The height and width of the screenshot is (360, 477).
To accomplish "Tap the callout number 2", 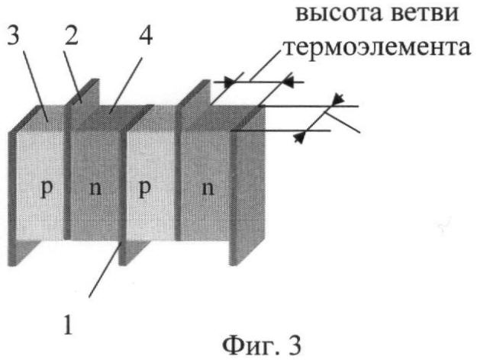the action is (x=72, y=34).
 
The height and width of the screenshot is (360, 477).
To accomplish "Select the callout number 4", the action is (x=146, y=34).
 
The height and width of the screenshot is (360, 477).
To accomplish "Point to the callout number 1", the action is (x=68, y=324).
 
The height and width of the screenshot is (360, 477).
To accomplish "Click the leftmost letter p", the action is (x=47, y=189).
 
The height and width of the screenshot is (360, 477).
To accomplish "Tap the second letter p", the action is (x=145, y=189).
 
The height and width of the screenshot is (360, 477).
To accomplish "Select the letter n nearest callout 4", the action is (x=96, y=188).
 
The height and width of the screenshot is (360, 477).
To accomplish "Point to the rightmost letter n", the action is (x=208, y=188).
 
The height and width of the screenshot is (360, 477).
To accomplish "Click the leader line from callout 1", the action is (x=105, y=268).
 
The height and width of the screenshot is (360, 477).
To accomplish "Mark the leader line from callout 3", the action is (x=35, y=88).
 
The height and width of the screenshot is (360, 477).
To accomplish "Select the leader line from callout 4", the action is (x=126, y=85).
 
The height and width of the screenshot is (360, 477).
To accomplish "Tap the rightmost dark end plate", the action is (x=247, y=186).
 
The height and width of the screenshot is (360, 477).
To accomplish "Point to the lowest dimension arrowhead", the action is (x=298, y=138).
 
